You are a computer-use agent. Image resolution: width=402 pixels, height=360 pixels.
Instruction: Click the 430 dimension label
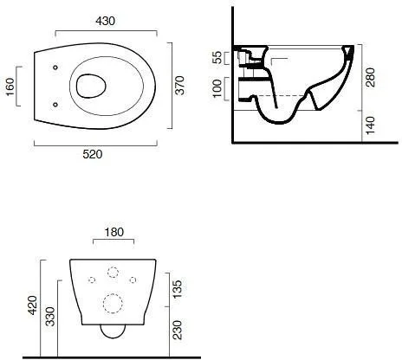pos(105,21)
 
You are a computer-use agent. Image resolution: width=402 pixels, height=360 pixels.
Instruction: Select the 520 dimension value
pos(93,154)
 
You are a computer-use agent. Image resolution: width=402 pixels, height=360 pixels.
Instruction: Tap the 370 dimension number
pos(179,86)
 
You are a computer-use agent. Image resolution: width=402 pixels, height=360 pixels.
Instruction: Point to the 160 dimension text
pos(10,87)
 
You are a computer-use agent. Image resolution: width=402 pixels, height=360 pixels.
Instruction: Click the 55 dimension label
pos(217,57)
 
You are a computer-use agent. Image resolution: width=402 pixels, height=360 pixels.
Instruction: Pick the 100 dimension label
pos(217,89)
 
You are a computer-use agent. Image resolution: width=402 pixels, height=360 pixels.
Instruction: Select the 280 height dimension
pos(370,77)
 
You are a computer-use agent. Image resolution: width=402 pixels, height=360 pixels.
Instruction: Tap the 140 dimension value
pos(370,125)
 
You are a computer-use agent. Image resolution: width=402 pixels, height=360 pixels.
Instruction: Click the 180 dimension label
pos(114,232)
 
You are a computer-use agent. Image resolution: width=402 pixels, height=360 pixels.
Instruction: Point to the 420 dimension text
pos(32,305)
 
